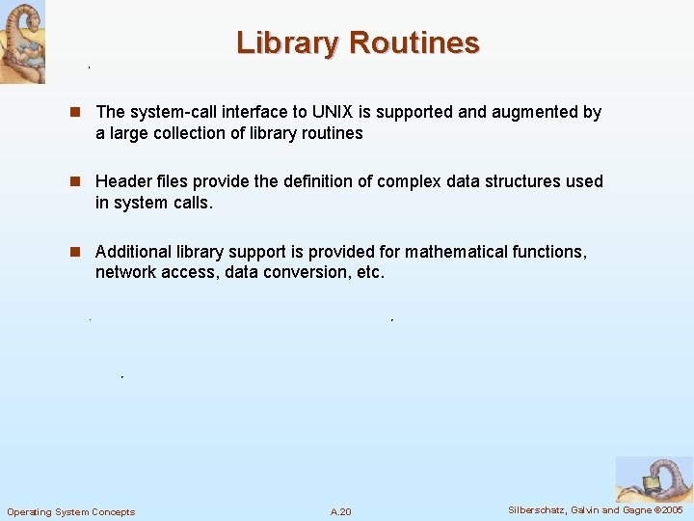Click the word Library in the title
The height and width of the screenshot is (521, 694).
click(289, 43)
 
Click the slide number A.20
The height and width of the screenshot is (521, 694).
click(340, 511)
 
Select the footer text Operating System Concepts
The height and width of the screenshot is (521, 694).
click(71, 511)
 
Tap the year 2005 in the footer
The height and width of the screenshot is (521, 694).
click(671, 509)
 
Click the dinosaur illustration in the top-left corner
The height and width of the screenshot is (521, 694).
click(22, 41)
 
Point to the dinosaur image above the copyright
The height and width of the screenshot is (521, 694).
click(653, 479)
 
